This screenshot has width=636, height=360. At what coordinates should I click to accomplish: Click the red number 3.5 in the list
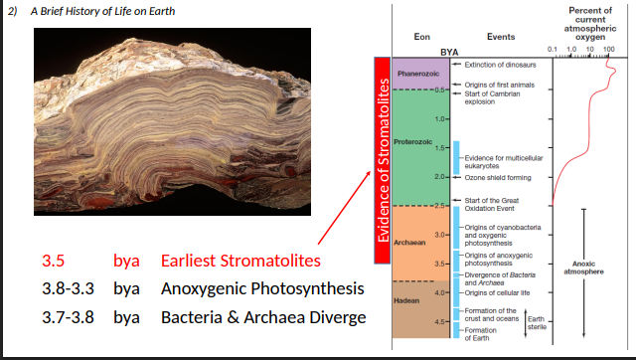tap(54, 261)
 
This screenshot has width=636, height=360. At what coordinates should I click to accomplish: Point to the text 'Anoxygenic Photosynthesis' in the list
tap(256, 289)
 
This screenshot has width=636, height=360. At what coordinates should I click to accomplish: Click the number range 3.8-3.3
tap(69, 289)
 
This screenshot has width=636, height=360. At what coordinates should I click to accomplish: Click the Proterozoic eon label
tap(412, 142)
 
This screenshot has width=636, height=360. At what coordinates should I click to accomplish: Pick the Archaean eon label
tap(410, 242)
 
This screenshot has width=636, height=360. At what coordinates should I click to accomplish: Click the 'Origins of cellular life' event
tap(498, 292)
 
